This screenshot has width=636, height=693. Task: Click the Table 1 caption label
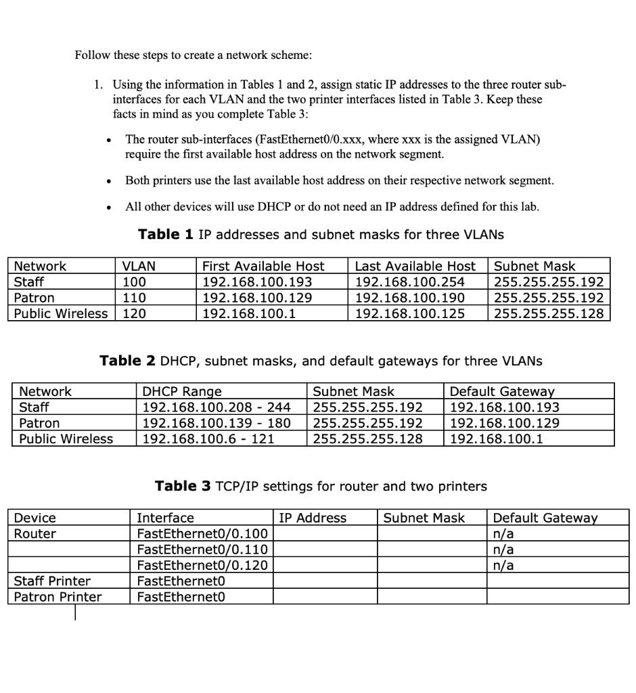click(166, 235)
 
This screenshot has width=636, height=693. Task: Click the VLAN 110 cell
click(134, 298)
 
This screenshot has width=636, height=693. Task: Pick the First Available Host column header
click(263, 267)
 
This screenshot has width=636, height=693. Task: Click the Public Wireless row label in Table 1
click(61, 313)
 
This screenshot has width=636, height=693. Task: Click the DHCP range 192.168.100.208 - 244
click(216, 407)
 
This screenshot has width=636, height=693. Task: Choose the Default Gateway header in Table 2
click(501, 391)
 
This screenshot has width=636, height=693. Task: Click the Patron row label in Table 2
click(39, 423)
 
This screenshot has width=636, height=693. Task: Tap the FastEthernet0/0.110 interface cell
click(202, 549)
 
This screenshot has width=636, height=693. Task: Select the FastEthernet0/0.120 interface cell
click(202, 565)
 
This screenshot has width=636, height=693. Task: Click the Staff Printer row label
click(52, 581)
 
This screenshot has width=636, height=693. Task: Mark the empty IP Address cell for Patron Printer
click(325, 596)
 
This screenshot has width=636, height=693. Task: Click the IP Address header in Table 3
click(313, 518)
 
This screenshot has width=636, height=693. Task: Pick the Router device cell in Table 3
click(35, 533)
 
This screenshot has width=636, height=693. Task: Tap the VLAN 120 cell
click(134, 313)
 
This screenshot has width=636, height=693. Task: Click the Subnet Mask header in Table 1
click(535, 267)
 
